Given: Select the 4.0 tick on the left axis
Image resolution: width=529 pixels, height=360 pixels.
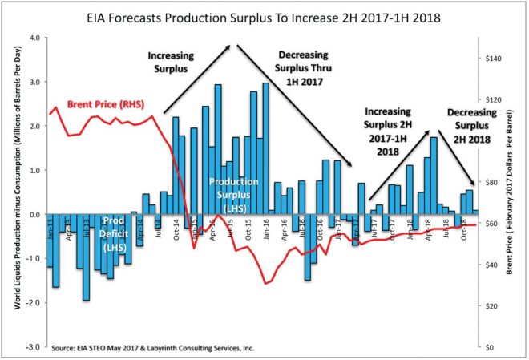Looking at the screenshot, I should (34, 38).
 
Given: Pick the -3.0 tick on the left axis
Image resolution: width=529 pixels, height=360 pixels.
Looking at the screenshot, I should (34, 347).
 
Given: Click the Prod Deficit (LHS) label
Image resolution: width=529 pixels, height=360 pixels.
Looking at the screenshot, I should (115, 233).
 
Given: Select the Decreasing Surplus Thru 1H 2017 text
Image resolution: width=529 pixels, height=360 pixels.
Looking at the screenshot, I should (302, 69).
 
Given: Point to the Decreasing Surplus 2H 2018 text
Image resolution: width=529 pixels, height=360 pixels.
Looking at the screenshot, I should (470, 126).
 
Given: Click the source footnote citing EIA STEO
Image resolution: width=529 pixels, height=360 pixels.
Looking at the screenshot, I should (163, 350).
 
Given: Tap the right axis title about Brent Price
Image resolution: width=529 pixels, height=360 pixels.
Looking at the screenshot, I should (510, 192).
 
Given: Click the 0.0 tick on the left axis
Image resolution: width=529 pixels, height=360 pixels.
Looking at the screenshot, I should (34, 215).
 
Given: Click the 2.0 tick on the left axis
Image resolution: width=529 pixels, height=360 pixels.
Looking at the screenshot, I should (34, 126).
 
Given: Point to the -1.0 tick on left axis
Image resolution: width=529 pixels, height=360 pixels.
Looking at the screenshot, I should (34, 259).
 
